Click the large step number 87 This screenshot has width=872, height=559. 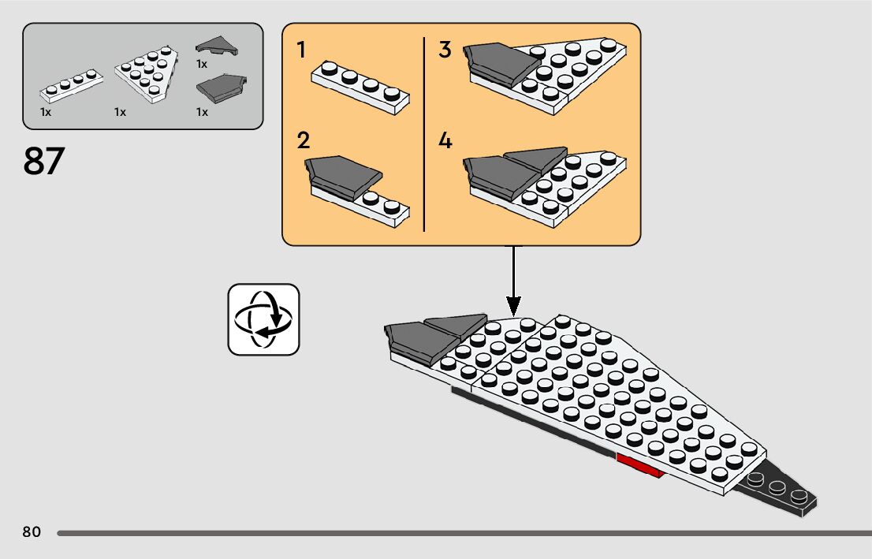(44, 161)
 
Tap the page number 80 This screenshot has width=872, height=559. (32, 531)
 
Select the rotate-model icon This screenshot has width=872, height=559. (263, 319)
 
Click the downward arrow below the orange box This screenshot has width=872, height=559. (513, 281)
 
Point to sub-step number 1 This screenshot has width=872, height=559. (301, 50)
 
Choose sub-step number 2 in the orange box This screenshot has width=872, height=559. (303, 140)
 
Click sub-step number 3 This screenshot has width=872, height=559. (445, 49)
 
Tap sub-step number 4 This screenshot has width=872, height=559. (445, 140)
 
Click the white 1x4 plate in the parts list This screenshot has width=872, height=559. (71, 86)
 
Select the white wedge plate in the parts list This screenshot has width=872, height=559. (147, 74)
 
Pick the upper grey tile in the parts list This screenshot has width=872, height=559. (217, 47)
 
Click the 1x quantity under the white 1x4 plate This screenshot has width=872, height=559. (46, 113)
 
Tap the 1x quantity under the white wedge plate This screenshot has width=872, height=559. (120, 113)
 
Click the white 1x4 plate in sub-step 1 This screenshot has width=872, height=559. (360, 88)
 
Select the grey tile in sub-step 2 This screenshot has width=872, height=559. (344, 177)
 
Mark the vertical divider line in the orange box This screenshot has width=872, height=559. (424, 134)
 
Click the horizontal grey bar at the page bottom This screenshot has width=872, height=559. (464, 534)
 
